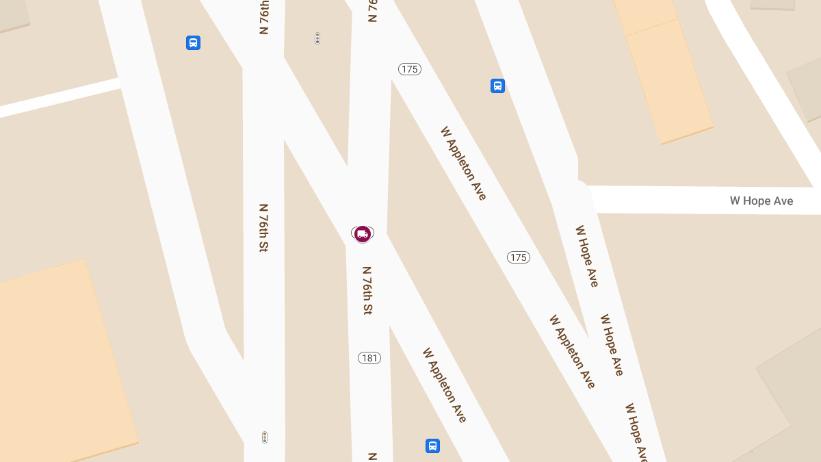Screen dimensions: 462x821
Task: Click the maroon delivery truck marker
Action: tap(363, 234)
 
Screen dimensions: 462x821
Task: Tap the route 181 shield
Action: tap(369, 358)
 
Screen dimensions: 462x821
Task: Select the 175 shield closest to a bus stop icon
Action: tap(410, 69)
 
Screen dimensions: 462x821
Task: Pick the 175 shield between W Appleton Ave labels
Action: tap(519, 257)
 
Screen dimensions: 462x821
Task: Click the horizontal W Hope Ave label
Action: tap(761, 201)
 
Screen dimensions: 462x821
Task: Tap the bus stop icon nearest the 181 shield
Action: tap(432, 446)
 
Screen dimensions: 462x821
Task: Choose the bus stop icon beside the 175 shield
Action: tap(497, 86)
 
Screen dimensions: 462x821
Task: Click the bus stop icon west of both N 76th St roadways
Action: tap(193, 43)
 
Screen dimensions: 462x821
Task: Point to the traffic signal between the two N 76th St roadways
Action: tap(317, 38)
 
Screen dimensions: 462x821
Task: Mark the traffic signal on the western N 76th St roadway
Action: tap(265, 437)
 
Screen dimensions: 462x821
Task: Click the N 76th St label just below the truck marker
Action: tap(367, 290)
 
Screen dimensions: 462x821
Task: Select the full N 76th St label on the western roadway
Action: tap(263, 227)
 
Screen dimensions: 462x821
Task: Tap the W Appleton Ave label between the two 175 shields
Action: tap(463, 163)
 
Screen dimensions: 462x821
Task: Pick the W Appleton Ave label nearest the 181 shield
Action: tap(444, 385)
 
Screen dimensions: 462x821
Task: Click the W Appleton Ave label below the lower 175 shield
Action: tap(572, 351)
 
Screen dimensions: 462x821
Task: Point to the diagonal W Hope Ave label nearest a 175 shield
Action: tap(586, 256)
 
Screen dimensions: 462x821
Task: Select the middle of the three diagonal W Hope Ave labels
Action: tap(612, 344)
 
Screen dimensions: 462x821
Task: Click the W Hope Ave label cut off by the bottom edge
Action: tap(636, 433)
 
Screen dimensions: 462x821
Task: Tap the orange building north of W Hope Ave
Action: tap(661, 72)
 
